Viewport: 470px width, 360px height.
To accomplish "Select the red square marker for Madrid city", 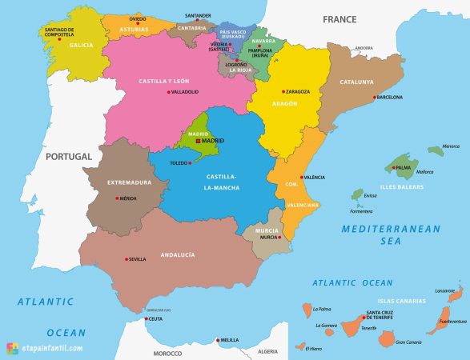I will [198, 141].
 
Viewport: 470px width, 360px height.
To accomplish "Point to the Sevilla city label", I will [137, 259].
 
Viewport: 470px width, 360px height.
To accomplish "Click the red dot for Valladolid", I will [168, 92].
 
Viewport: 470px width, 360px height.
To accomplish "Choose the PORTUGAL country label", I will [69, 157].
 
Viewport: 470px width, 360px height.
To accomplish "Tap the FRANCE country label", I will [339, 19].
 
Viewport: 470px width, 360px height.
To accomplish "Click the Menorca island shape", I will [435, 150].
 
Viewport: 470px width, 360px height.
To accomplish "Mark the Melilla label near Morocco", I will [230, 340].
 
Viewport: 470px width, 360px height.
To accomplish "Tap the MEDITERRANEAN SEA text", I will [391, 234].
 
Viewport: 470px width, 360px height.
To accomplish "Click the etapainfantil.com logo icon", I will [12, 348].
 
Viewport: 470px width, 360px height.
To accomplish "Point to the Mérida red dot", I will [117, 198].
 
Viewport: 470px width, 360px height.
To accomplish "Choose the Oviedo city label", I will [138, 18].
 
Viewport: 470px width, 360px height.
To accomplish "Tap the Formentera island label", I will [361, 212].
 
